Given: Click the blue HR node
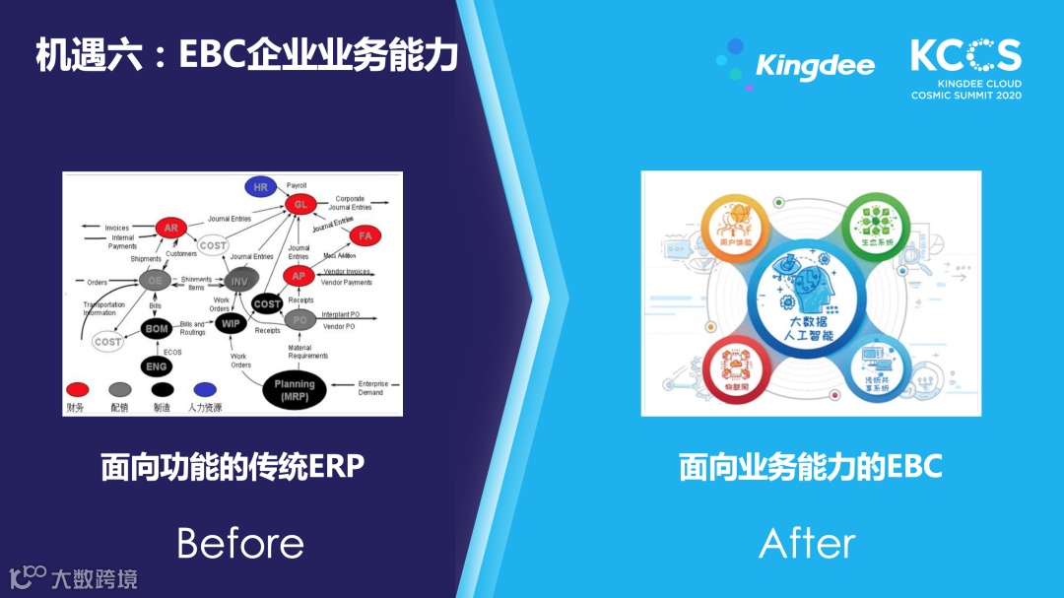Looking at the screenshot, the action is pyautogui.click(x=261, y=186).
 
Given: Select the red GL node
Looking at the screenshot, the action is pyautogui.click(x=301, y=204).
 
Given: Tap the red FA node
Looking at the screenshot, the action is pyautogui.click(x=366, y=235).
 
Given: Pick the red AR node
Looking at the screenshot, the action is pyautogui.click(x=171, y=228).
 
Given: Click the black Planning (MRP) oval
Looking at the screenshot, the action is pyautogui.click(x=295, y=388).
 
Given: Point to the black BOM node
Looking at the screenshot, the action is pyautogui.click(x=157, y=328).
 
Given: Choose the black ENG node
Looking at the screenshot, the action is pyautogui.click(x=157, y=366).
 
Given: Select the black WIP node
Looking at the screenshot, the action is pyautogui.click(x=232, y=323).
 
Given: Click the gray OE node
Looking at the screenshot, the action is pyautogui.click(x=155, y=281).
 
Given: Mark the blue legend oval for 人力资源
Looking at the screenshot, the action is pyautogui.click(x=205, y=389).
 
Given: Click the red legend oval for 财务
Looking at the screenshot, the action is pyautogui.click(x=77, y=389).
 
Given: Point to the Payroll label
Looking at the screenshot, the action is pyautogui.click(x=297, y=185).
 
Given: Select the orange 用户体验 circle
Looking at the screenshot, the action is pyautogui.click(x=733, y=229).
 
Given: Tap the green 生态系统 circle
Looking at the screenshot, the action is pyautogui.click(x=875, y=229).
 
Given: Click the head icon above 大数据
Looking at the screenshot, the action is pyautogui.click(x=805, y=286).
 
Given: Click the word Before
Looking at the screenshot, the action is pyautogui.click(x=240, y=543).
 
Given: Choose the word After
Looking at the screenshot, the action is pyautogui.click(x=807, y=543).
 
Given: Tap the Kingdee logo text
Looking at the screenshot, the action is pyautogui.click(x=815, y=66).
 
